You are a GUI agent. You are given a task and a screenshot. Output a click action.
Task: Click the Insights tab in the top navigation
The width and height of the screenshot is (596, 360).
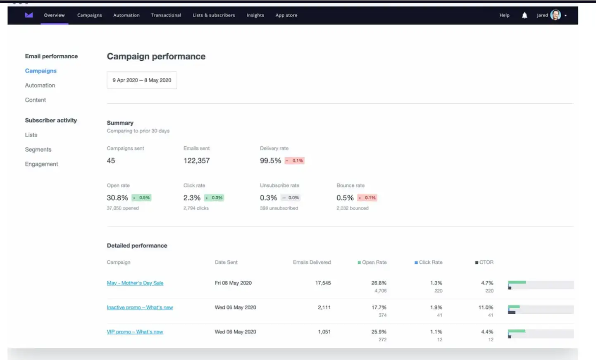[x=255, y=15]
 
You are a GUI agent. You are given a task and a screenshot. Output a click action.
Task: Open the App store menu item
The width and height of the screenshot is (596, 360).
[x=286, y=15]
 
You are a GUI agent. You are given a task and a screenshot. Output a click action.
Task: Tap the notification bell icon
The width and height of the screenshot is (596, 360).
[x=524, y=15]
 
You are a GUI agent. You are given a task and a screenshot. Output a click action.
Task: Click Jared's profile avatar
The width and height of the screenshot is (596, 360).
[x=555, y=15]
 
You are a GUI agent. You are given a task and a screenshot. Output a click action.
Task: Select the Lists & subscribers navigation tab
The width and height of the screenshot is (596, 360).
[x=214, y=15]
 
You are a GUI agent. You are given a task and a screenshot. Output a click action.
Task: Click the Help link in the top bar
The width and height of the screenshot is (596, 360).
[x=504, y=15]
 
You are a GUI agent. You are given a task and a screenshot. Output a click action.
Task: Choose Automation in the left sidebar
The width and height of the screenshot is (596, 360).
[x=40, y=86]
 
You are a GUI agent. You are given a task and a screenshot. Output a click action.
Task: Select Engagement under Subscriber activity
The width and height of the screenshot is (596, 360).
[x=41, y=164]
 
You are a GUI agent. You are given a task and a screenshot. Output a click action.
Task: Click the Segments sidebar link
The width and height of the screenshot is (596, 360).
[x=38, y=150]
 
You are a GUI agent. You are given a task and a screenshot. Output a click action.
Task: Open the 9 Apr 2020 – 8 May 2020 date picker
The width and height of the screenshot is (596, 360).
[x=142, y=80]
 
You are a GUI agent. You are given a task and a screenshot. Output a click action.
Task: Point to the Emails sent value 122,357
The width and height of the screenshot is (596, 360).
[x=196, y=161]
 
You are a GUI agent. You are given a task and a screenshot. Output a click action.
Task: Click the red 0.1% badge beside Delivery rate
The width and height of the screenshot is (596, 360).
[x=295, y=161]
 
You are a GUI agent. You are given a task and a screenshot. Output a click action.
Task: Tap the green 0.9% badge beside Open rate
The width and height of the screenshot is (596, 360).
[x=141, y=198]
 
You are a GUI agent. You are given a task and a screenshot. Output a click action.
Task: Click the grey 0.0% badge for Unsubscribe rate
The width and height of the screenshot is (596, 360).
[x=291, y=198]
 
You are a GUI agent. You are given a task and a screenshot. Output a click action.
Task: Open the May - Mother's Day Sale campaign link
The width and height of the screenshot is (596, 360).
[x=135, y=283]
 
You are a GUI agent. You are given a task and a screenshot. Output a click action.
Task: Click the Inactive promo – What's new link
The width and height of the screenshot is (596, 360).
[x=140, y=308]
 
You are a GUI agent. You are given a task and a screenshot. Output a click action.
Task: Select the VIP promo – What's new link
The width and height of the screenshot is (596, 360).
[x=135, y=332]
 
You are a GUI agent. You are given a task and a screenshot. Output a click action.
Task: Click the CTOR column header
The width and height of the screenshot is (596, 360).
[x=484, y=262]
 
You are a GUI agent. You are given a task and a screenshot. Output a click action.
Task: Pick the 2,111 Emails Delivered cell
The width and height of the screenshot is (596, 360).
[x=324, y=308]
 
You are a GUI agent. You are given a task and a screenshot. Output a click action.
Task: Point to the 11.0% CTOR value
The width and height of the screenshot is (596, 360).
[x=486, y=308]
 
